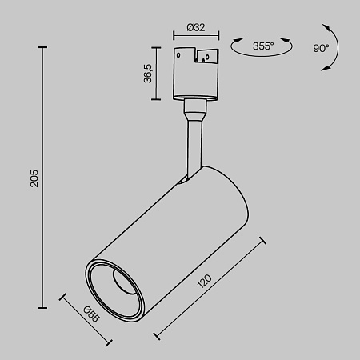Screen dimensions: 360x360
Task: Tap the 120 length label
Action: (206, 283)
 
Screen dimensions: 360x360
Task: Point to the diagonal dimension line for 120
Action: (210, 290)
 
